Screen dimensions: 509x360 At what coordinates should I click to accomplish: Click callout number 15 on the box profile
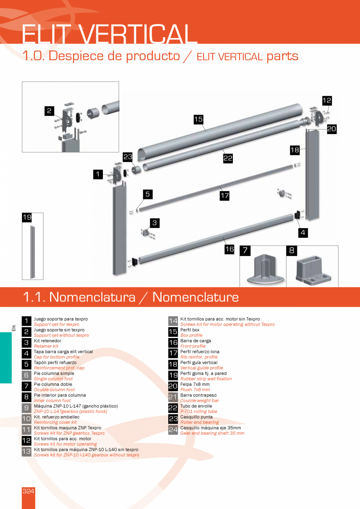point(198,119)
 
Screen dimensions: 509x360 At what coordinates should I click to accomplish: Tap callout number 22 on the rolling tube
point(228,158)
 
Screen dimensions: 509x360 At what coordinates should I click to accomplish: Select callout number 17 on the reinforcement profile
point(224,196)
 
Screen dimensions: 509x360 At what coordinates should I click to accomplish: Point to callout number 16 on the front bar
point(229,249)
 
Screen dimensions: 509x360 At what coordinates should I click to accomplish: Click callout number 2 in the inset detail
point(49,111)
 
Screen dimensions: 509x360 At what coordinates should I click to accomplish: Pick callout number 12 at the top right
point(327,101)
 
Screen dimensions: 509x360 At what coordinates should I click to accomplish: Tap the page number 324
point(28,491)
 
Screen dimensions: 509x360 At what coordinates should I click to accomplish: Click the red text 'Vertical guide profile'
point(202,368)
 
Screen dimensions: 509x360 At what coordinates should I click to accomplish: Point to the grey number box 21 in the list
point(173,397)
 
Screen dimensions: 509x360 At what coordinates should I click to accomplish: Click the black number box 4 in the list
point(26,354)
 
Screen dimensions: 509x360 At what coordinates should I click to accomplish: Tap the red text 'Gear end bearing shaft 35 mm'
point(212,433)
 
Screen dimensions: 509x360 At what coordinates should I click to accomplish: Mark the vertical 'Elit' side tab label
point(14,328)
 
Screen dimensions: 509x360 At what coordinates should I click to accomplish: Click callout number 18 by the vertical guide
point(295,149)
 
